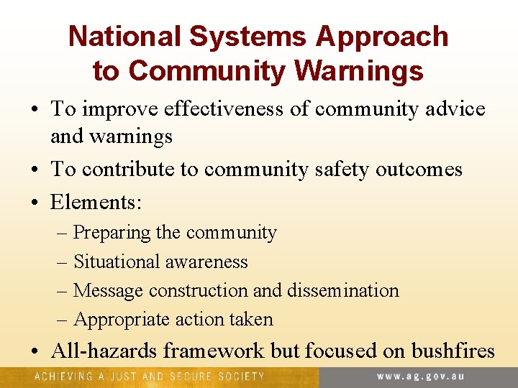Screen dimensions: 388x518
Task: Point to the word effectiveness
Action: tap(237, 109)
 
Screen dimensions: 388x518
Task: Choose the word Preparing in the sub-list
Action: tap(112, 233)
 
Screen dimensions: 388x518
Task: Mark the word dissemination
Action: tap(342, 290)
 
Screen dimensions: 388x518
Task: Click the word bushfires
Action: tap(453, 351)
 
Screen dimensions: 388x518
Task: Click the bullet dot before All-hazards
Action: tap(35, 351)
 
